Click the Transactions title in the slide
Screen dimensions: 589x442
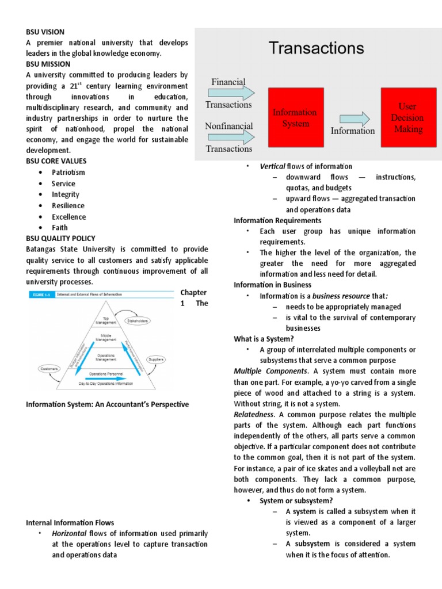point(316,48)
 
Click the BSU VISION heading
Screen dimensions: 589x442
point(45,32)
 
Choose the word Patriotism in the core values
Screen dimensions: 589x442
point(68,173)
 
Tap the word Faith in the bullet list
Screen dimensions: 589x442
point(60,228)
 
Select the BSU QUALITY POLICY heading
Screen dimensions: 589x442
point(60,239)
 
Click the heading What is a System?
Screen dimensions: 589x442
point(263,339)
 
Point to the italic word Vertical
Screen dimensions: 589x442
point(272,166)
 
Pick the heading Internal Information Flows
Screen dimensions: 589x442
point(70,523)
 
